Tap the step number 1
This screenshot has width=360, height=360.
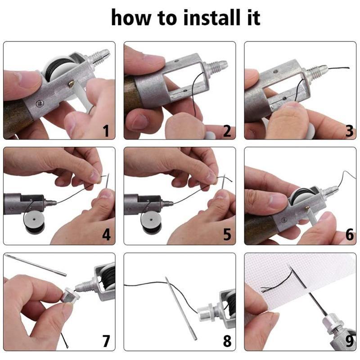(106, 131)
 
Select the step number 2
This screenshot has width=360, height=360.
(227, 131)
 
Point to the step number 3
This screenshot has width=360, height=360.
(350, 131)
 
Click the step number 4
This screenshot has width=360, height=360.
(106, 234)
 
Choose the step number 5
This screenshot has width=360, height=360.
(227, 234)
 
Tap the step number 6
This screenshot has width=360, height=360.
(350, 234)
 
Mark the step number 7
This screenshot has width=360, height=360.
(106, 341)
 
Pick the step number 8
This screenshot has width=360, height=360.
(227, 341)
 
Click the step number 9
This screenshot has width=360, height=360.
(350, 341)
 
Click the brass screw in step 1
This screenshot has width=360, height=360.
(72, 83)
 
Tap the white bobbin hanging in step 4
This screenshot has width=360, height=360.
(34, 222)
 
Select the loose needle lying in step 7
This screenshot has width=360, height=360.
(36, 265)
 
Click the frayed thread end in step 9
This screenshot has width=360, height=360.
(266, 289)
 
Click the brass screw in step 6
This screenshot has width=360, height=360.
(307, 208)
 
